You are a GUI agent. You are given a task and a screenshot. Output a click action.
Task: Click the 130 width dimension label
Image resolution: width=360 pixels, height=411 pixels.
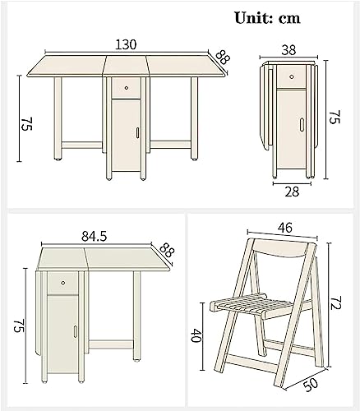126,44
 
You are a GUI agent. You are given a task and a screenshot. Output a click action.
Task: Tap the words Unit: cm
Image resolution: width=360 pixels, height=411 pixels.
267,18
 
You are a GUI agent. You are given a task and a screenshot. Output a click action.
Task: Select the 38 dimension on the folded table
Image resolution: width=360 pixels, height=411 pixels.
288,50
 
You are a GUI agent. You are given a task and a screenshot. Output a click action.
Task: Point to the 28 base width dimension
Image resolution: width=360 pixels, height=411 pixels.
292,192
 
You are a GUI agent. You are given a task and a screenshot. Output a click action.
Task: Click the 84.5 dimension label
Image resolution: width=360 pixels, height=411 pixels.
94,236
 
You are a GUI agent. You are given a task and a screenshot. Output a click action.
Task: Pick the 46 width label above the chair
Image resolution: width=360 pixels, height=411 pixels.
285,228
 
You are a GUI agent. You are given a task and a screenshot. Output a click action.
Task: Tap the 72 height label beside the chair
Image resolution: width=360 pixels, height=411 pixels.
335,302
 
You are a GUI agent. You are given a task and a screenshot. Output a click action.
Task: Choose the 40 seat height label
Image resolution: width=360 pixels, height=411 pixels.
196,335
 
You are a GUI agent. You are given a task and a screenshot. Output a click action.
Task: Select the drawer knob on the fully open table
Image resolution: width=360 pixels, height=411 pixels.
127,88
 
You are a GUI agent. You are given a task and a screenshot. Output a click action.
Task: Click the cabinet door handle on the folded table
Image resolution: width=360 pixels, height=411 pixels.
302,125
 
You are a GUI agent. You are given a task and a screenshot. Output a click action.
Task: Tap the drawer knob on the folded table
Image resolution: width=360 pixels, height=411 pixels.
292,77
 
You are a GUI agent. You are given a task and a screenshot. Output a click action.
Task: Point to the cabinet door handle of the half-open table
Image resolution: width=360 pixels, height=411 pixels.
76,331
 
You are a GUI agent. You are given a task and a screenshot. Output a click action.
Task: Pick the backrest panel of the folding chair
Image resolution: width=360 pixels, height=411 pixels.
281,247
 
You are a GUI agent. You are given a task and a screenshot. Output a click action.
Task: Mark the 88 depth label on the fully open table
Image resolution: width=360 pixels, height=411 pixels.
223,58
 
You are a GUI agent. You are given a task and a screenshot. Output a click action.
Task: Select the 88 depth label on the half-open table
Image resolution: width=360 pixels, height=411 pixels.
167,250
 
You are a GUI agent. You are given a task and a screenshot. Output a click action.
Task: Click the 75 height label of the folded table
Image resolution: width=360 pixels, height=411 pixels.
335,117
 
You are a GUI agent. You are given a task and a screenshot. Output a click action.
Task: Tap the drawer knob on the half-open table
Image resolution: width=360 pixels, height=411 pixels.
63,283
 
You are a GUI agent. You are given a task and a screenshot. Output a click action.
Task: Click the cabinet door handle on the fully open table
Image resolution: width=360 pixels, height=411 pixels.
137,132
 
